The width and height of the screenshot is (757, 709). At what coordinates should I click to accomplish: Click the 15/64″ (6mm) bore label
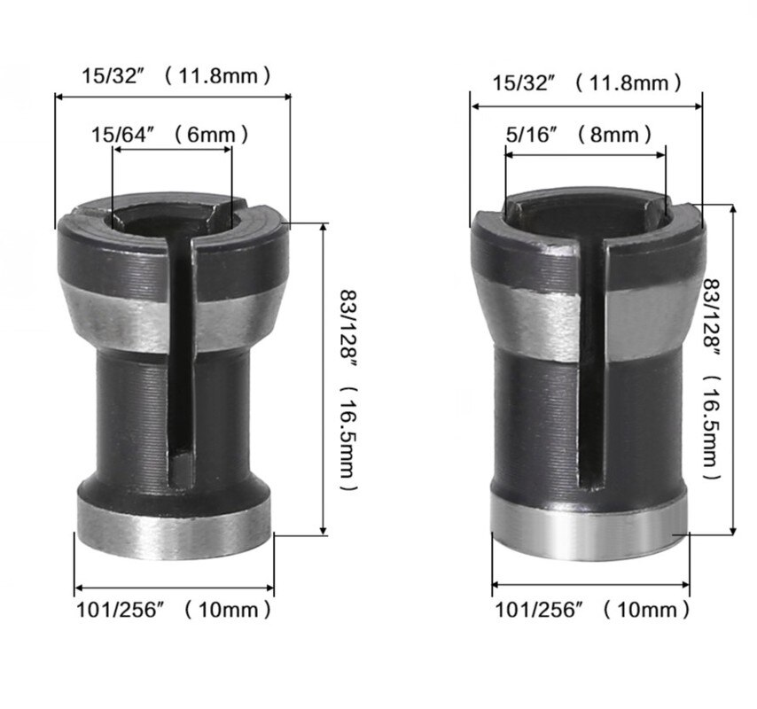[x=169, y=135]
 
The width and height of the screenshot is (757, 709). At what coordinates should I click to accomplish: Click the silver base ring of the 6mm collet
[x=174, y=532]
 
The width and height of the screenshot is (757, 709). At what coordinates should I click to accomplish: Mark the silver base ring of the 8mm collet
[x=589, y=532]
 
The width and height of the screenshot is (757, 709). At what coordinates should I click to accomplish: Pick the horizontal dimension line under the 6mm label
[x=172, y=151]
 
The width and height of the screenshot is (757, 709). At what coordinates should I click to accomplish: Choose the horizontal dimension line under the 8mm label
[x=585, y=155]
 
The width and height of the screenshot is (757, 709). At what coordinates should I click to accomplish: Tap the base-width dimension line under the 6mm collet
[x=174, y=588]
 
